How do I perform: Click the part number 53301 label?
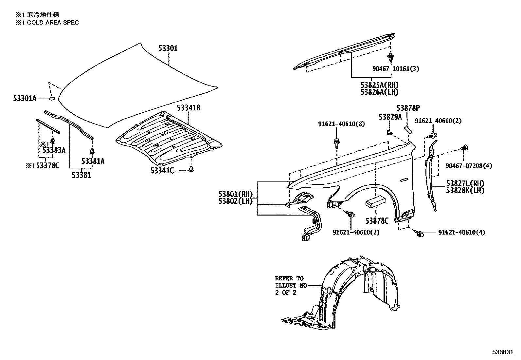point(168,48)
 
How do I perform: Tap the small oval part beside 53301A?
point(52,98)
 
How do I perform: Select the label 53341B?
point(189,108)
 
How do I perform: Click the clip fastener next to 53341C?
point(192,169)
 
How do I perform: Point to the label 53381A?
point(93,161)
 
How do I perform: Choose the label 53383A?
point(54,150)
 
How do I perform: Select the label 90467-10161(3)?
point(395,69)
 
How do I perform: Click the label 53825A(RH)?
point(379,85)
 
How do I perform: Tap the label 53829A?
point(390,117)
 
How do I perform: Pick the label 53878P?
point(408,108)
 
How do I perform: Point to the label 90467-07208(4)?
point(468,166)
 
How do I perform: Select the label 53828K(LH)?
point(465,190)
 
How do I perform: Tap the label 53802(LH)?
point(235,201)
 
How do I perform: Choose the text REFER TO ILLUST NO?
point(291,282)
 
